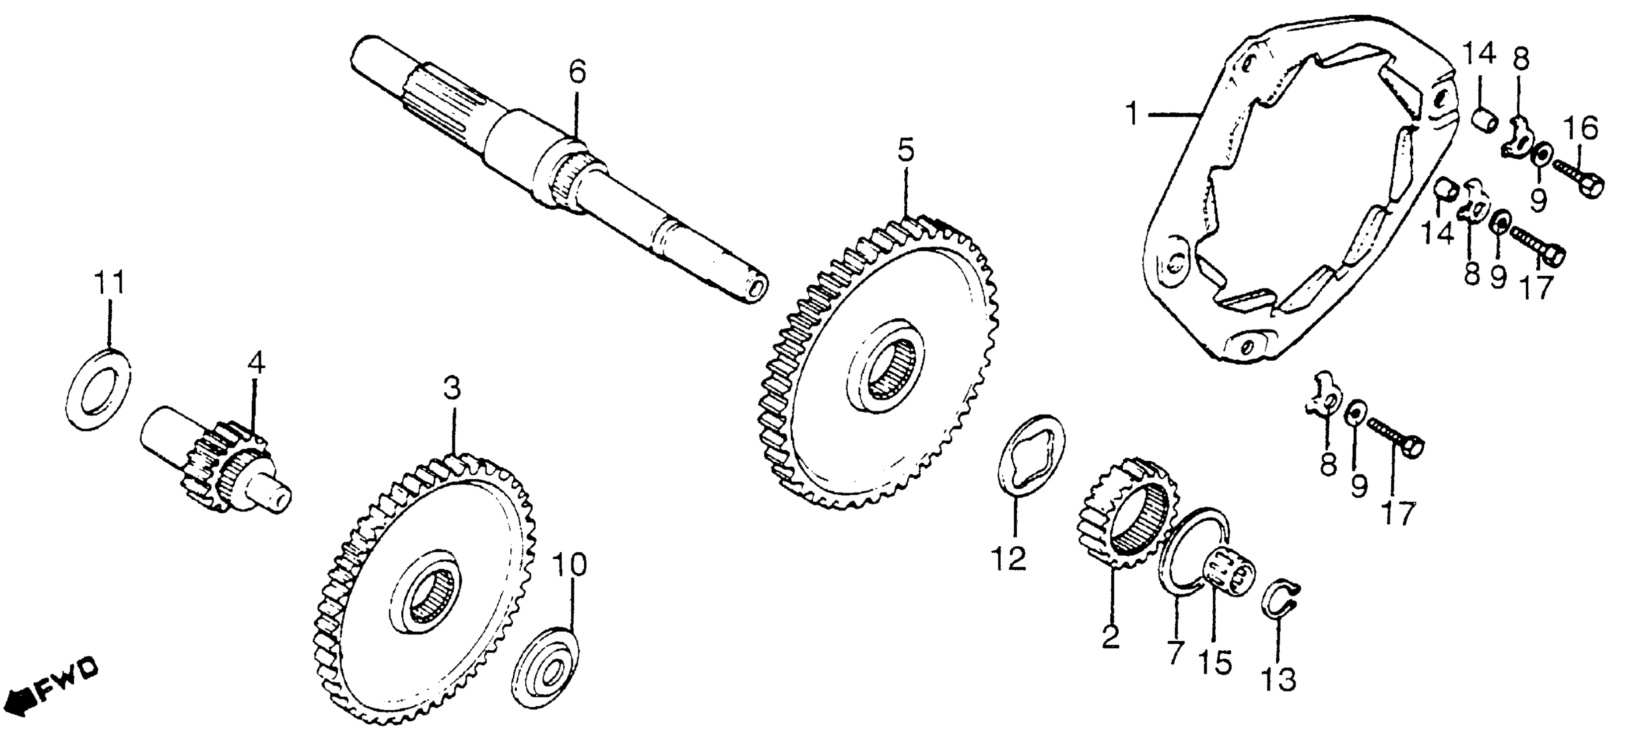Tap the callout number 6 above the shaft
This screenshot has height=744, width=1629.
coord(577,73)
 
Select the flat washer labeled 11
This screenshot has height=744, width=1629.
coord(98,388)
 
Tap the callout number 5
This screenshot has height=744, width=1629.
coord(906,151)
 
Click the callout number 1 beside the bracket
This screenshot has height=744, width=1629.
coord(1131,116)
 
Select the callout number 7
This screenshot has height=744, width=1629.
coord(1174,651)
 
